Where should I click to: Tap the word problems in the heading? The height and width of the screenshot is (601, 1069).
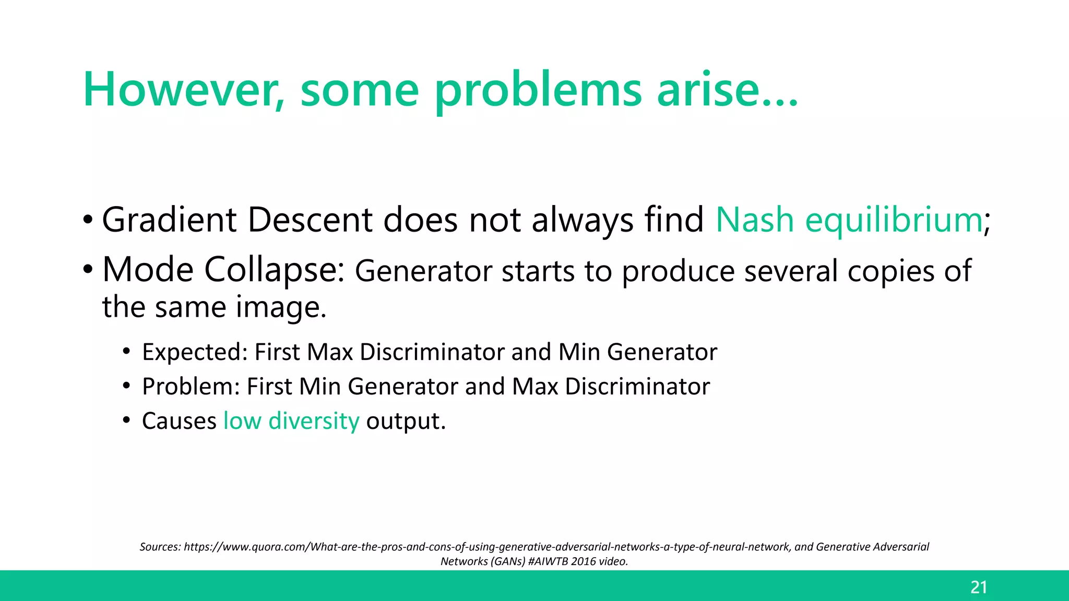coord(538,90)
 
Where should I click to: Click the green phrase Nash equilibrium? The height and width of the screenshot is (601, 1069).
coord(849,220)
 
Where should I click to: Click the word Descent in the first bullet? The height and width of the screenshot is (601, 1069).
coord(310,220)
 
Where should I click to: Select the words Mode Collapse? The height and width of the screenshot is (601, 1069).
coord(223,270)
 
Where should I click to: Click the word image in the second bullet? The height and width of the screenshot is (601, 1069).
coord(277,307)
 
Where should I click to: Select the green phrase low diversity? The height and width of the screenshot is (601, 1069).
coord(291,421)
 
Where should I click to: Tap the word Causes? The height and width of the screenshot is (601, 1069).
coord(179,421)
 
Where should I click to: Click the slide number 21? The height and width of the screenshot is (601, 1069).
coord(979,587)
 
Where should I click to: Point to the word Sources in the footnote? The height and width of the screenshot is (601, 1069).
coord(160,547)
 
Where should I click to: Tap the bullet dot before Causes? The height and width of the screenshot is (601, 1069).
coord(126,420)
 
